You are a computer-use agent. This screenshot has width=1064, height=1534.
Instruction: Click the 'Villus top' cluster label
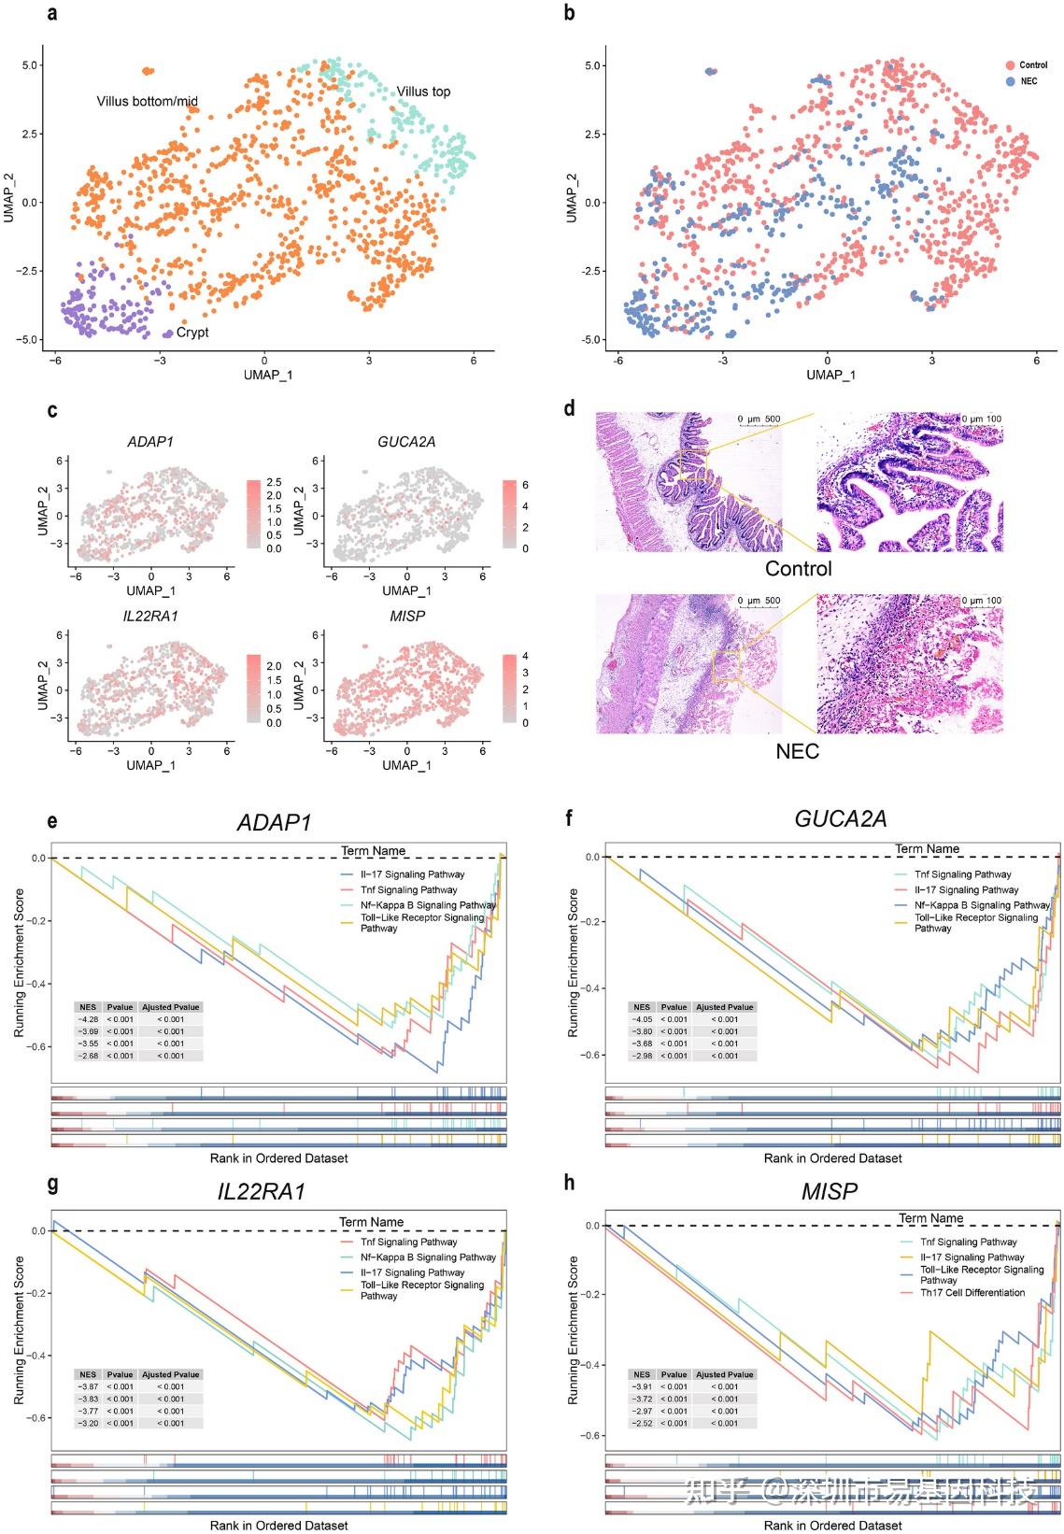click(x=422, y=92)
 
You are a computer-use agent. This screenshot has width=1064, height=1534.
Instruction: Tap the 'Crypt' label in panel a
click(x=192, y=333)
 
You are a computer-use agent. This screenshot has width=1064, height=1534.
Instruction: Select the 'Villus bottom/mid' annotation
click(x=147, y=101)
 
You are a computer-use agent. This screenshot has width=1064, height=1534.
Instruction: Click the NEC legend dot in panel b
click(x=1010, y=81)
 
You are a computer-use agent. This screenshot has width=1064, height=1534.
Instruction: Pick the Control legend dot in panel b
click(x=1010, y=64)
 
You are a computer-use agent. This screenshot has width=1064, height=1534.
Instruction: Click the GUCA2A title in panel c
click(x=406, y=442)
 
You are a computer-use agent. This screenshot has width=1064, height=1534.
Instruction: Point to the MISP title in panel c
click(x=406, y=617)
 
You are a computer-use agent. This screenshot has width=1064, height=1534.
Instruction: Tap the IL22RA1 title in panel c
click(x=150, y=617)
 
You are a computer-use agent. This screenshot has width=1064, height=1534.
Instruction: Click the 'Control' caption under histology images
click(x=798, y=569)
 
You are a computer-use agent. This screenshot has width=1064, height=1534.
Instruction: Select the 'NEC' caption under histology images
click(x=797, y=750)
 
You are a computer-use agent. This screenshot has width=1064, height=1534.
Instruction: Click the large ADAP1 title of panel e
click(x=274, y=822)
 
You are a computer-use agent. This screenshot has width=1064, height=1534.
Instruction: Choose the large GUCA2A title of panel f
click(x=840, y=819)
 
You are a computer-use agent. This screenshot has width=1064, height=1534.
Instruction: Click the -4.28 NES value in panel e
click(x=88, y=1019)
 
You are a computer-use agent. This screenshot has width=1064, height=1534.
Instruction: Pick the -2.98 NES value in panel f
click(x=642, y=1056)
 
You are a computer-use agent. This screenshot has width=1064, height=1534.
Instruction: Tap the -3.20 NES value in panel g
click(x=88, y=1424)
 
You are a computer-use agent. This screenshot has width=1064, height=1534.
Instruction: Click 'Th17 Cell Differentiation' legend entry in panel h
click(x=972, y=1293)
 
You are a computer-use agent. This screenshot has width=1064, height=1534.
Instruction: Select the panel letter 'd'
click(x=570, y=408)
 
